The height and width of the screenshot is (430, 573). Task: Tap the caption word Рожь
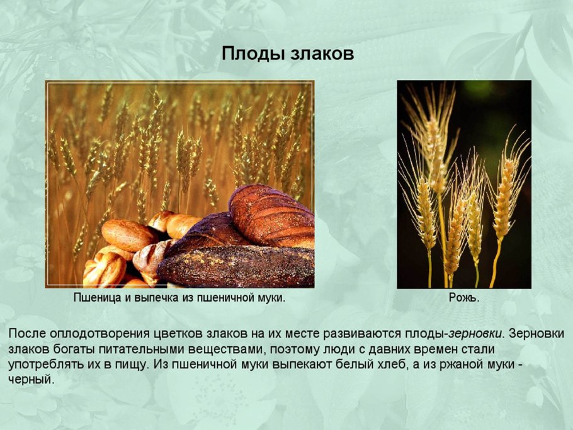pos(463,298)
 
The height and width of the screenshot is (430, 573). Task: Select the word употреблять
pos(44,365)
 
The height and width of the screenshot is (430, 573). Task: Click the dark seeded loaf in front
pos(239,268)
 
